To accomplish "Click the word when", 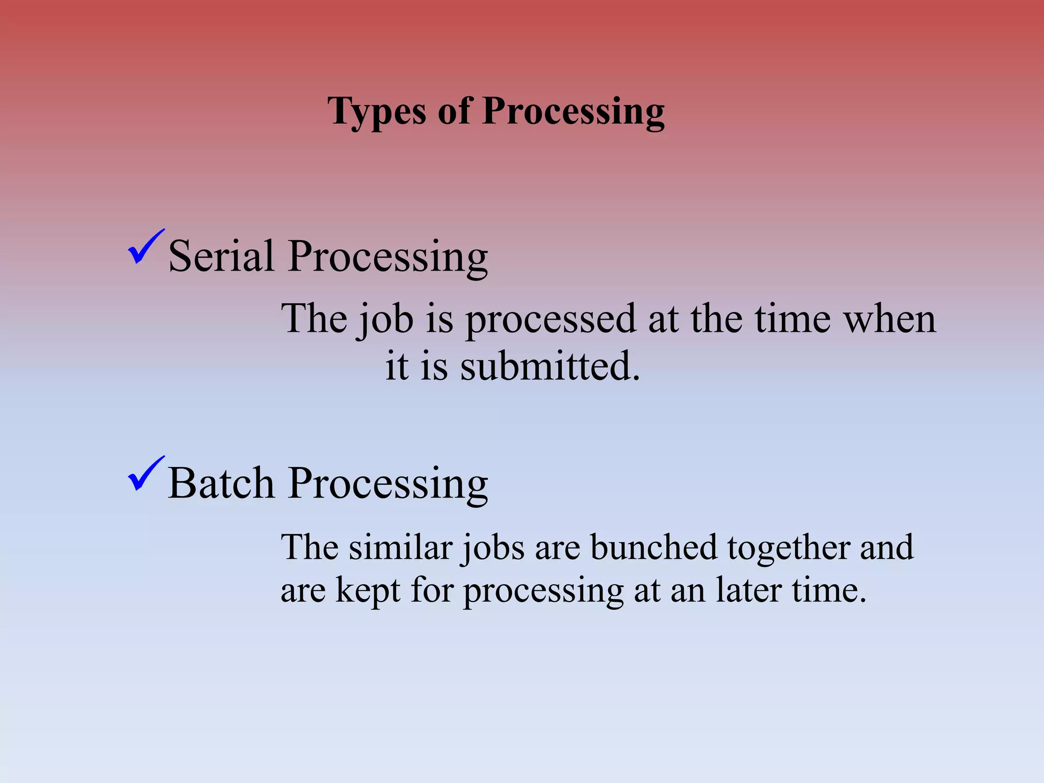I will pyautogui.click(x=890, y=319).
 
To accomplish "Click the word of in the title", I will pyautogui.click(x=454, y=111).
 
